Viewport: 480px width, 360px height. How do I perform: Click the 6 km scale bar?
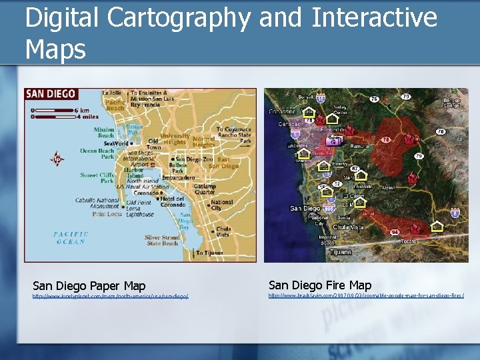55,109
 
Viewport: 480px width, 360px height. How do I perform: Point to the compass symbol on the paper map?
57,159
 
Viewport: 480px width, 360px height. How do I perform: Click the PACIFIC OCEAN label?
70,237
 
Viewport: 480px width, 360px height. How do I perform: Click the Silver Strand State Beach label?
161,240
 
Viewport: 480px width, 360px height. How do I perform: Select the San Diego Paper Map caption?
89,286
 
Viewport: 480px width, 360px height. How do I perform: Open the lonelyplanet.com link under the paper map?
111,295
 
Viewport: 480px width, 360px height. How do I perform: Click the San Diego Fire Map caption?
320,285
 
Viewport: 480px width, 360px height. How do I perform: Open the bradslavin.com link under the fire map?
366,295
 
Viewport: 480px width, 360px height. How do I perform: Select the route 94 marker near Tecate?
395,232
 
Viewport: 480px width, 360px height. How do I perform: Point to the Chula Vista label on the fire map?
349,227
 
